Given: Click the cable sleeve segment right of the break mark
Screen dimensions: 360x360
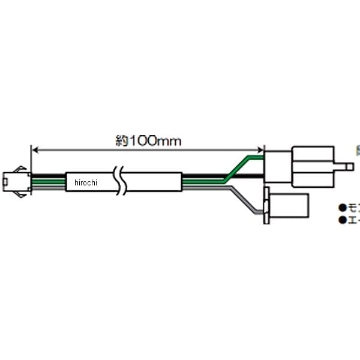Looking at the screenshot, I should tap(154, 181).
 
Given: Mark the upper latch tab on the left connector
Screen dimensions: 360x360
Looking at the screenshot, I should tap(20, 168).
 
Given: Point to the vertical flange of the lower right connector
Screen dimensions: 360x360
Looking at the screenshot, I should tap(267, 205).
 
